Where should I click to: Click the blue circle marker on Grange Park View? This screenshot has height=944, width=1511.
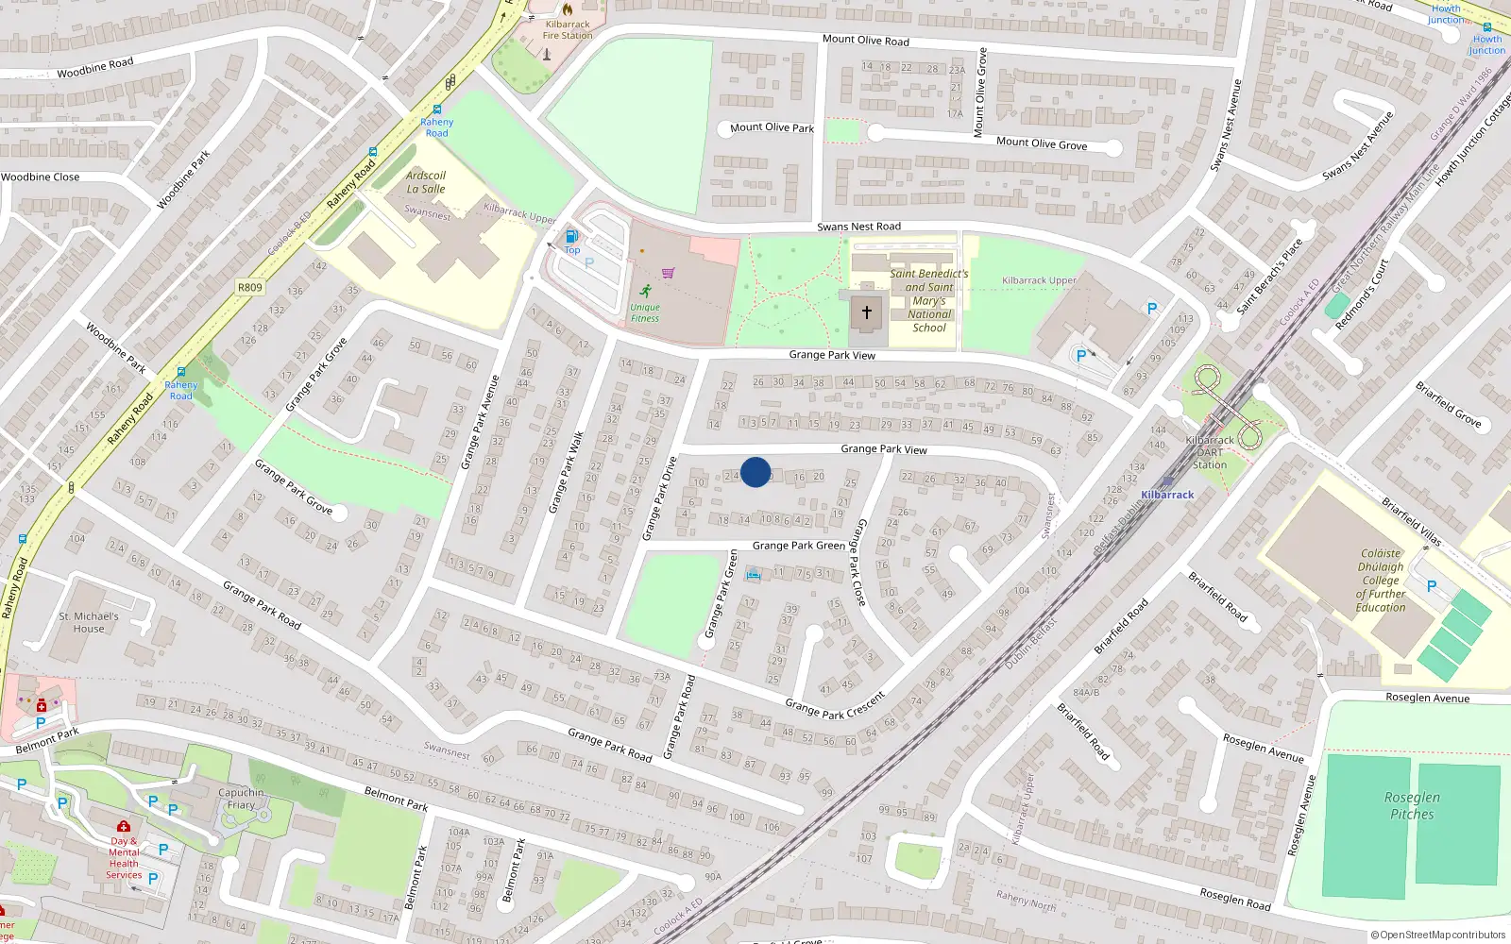pos(755,472)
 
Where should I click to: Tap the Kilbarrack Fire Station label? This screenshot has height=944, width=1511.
pos(568,30)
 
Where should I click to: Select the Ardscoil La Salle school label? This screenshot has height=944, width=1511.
pos(426,182)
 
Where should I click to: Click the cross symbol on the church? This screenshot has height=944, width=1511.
pos(867,312)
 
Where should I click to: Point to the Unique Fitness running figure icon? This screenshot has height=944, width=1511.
pos(646,291)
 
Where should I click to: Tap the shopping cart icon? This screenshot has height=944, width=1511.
pos(669,273)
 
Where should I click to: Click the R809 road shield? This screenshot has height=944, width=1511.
pos(250,287)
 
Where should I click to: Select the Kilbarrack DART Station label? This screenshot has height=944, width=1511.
pos(1210,452)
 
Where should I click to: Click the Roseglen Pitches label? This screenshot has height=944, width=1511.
pos(1412,805)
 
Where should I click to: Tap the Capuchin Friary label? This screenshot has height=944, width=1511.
pos(241,799)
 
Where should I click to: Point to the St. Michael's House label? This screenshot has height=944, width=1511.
pos(89,622)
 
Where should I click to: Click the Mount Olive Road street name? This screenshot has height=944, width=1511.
pos(865,40)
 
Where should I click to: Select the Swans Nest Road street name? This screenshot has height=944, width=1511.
pos(858,227)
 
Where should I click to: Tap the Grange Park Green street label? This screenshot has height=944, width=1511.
pos(798,546)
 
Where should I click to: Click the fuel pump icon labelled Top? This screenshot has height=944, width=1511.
pos(571,237)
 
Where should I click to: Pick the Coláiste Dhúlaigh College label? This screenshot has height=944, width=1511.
pos(1381,581)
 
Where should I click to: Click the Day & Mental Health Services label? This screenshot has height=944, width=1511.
pos(124,858)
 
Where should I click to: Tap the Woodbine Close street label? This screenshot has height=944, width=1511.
pos(41,177)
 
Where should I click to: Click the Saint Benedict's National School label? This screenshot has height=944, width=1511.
pos(929,300)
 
